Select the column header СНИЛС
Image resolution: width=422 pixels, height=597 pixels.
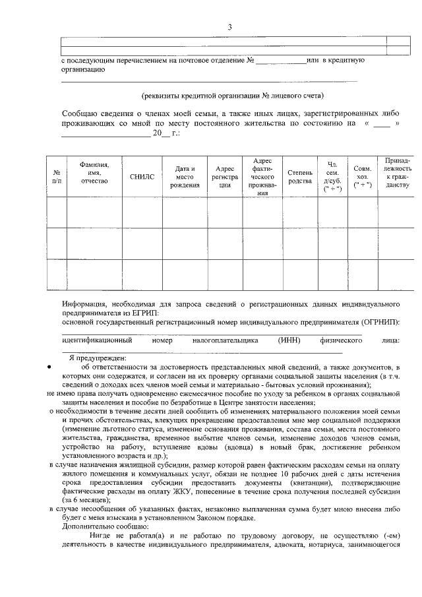(142, 177)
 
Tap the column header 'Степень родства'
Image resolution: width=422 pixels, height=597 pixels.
(300, 177)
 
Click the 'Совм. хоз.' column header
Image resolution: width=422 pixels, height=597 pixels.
(362, 177)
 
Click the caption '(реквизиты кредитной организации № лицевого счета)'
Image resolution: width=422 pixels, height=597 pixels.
(233, 96)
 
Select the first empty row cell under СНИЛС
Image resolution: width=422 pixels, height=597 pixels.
(142, 212)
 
